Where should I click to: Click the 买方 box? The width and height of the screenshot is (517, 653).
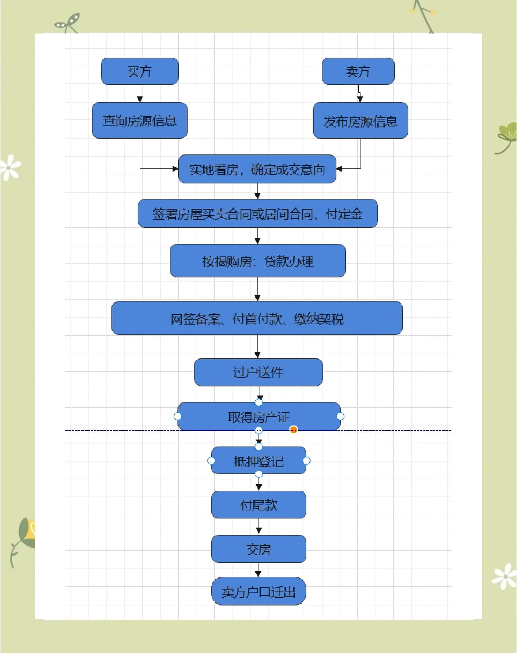[x=140, y=71]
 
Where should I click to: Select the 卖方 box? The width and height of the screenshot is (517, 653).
[x=358, y=71]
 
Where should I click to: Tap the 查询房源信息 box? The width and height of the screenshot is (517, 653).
[x=140, y=121]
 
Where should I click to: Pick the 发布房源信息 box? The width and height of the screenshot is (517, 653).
[x=361, y=121]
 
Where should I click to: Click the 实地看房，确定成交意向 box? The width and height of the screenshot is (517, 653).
[x=257, y=169]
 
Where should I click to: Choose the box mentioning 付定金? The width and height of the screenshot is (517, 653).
[x=258, y=213]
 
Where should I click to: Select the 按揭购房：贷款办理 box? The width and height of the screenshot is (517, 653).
[x=258, y=261]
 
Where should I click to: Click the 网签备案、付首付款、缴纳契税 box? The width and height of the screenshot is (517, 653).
[x=257, y=318]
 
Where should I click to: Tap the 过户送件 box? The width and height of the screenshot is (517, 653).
[x=258, y=372]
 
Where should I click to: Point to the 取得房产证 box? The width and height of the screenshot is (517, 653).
[x=259, y=416]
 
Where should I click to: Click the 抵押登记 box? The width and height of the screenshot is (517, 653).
[x=258, y=461]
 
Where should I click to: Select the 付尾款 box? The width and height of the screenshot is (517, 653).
[x=258, y=505]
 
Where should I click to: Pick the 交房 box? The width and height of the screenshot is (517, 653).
[x=258, y=549]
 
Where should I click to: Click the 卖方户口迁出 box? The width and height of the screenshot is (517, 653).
[x=258, y=592]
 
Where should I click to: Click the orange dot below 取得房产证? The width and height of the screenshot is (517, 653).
[x=294, y=430]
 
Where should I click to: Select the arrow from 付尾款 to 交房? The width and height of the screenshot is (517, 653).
[x=258, y=527]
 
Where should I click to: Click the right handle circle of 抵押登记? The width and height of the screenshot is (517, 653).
[x=306, y=461]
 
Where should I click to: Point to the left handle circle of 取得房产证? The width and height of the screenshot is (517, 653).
[x=177, y=416]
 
